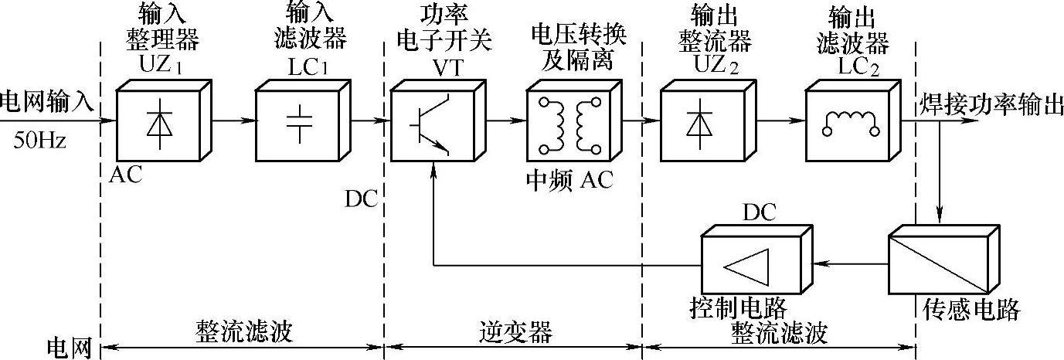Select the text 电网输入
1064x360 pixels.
tap(47, 100)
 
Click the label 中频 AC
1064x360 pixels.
tap(569, 180)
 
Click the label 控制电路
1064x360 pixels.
tap(737, 309)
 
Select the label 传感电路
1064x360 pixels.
tap(971, 311)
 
